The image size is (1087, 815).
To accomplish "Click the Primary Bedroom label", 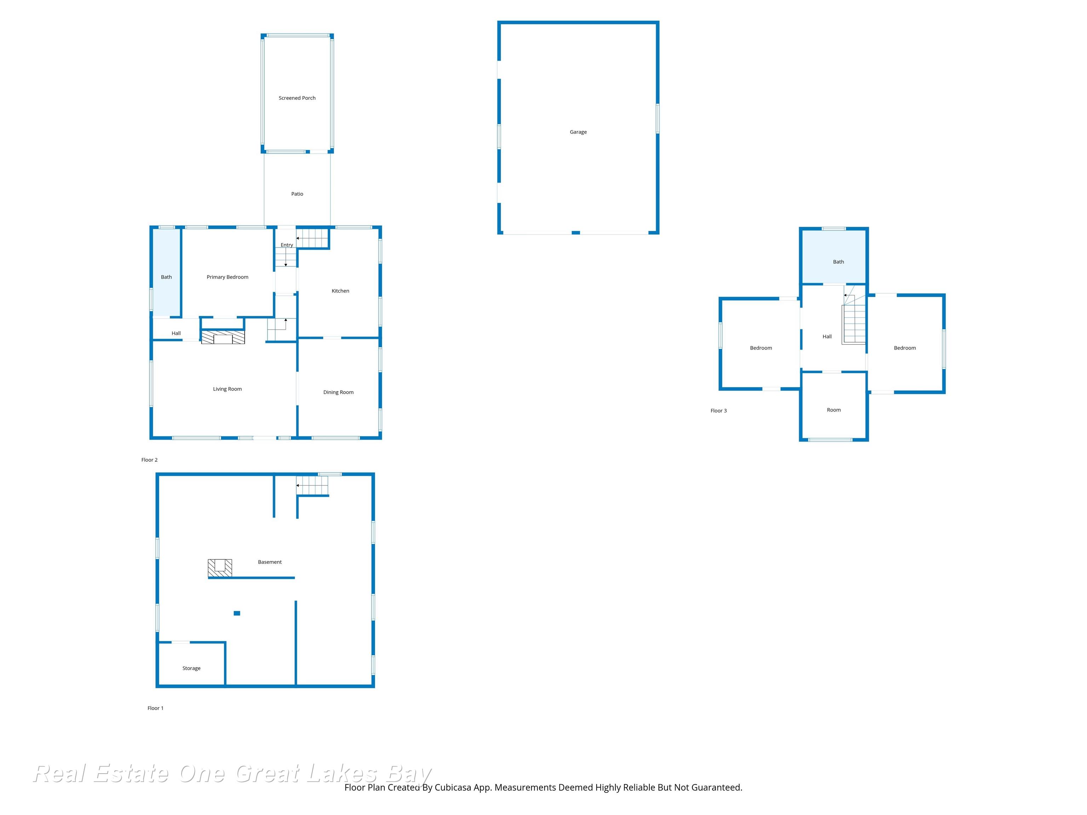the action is pyautogui.click(x=227, y=277).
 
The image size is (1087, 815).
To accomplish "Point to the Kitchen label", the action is pyautogui.click(x=340, y=291).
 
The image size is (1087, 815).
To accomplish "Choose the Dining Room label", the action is pyautogui.click(x=338, y=392).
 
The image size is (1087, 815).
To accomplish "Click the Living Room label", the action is pyautogui.click(x=227, y=389).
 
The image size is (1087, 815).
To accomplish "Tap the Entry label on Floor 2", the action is pyautogui.click(x=287, y=245).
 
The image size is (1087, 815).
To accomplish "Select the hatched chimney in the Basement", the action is pyautogui.click(x=220, y=568).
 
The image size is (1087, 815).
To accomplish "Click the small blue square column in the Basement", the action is pyautogui.click(x=237, y=613).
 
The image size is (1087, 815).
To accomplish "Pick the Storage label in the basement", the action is pyautogui.click(x=191, y=668).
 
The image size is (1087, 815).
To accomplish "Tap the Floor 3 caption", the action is pyautogui.click(x=718, y=411).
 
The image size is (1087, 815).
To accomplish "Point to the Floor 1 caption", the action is pyautogui.click(x=155, y=708).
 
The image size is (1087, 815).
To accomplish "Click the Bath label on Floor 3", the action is pyautogui.click(x=838, y=262).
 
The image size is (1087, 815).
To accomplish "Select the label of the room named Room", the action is pyautogui.click(x=833, y=410).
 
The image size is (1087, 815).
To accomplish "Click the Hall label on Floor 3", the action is pyautogui.click(x=827, y=336).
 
